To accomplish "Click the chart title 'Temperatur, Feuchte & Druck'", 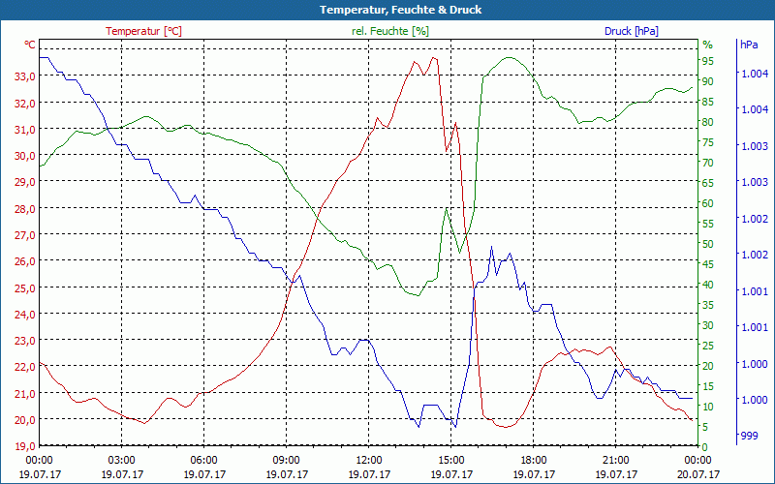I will coord(387,10).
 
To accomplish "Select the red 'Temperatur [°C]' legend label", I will coord(143,31).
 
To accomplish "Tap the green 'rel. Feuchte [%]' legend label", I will coord(390,31).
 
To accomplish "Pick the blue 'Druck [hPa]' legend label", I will coord(632,31).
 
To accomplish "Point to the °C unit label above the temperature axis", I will coord(30,45).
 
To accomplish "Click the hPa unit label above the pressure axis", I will coord(749,45).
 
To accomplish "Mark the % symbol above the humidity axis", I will coord(707,45).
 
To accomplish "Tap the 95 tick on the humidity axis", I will coord(707,61).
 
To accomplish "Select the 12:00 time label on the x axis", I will coord(369,461).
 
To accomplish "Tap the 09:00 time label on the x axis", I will coord(287,461).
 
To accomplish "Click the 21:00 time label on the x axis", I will coord(616,461).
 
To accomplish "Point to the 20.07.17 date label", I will coord(698,474).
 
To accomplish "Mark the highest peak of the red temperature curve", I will coord(433,57).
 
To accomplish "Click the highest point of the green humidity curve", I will coord(511,57).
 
